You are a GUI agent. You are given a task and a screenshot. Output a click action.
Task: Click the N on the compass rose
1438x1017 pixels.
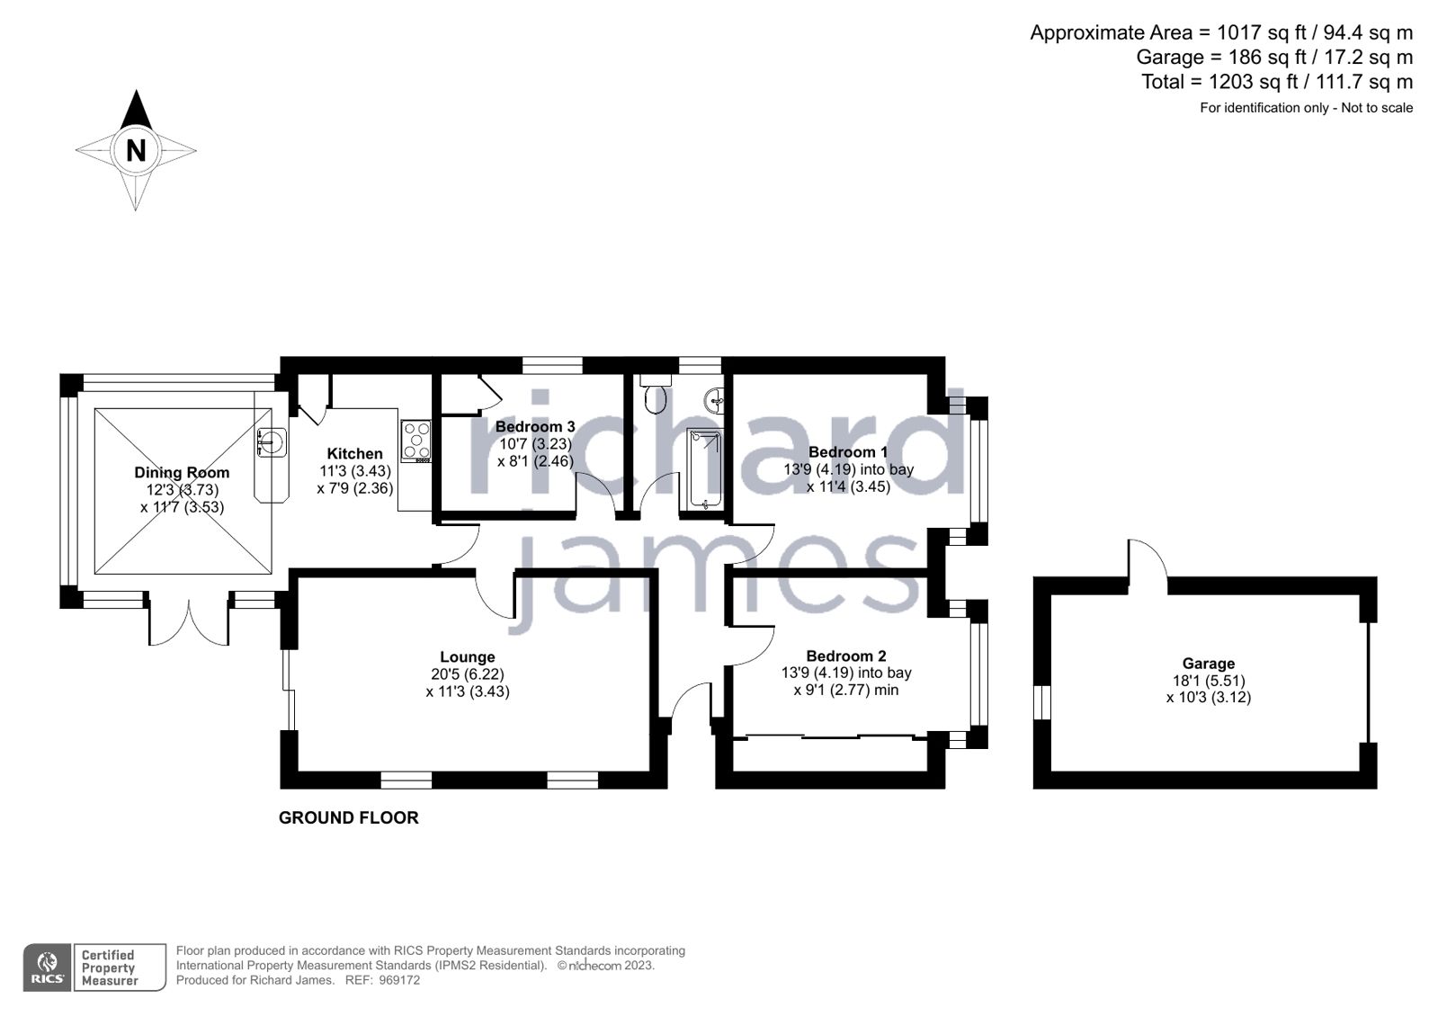[x=136, y=150]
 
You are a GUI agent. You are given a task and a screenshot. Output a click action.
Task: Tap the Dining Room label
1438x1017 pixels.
[x=182, y=472]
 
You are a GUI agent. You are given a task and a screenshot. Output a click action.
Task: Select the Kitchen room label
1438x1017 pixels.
[x=354, y=453]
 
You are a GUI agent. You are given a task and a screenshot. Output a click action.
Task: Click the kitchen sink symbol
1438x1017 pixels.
[x=271, y=441]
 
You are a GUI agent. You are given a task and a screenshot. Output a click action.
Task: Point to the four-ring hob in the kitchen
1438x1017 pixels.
[x=416, y=441]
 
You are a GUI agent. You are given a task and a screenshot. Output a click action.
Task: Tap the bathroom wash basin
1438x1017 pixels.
[x=715, y=399]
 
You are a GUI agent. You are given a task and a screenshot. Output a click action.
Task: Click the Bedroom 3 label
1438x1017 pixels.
[x=535, y=426]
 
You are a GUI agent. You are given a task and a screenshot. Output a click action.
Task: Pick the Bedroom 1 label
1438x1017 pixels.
[x=848, y=451]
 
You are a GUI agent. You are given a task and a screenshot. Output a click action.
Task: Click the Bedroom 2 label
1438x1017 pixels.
[x=846, y=656]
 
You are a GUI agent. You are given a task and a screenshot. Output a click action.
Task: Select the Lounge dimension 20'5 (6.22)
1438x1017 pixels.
[x=467, y=674]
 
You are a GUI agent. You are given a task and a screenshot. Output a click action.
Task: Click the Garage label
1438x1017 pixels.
[x=1208, y=664]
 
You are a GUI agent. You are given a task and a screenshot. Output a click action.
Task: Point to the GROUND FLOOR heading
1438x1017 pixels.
[x=348, y=817]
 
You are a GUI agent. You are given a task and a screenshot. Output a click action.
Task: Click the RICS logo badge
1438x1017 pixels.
[x=47, y=968]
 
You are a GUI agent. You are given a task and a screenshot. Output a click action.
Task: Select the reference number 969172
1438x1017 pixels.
[x=399, y=980]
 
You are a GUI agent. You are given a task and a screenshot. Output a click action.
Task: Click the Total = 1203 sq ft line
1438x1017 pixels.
[x=1276, y=82]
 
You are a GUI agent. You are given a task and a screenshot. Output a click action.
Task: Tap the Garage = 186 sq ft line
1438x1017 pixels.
[x=1273, y=58]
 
